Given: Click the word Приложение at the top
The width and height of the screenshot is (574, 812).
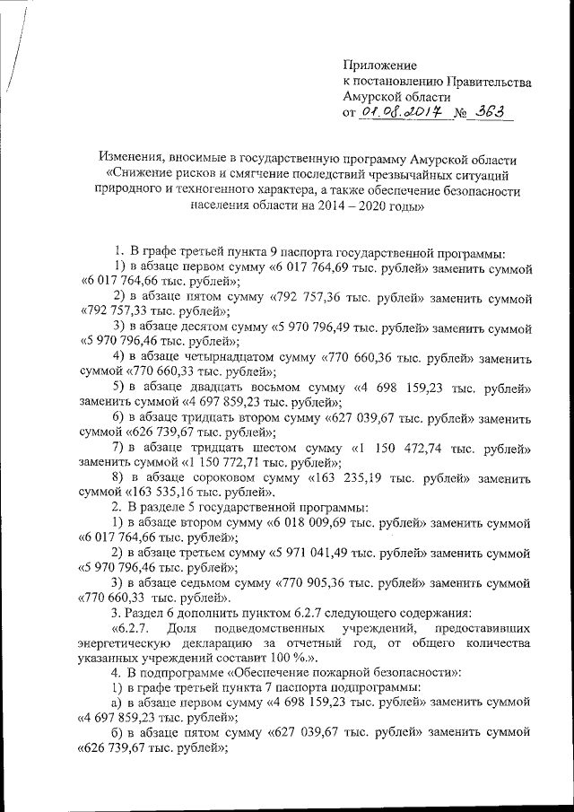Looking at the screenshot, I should (x=380, y=65).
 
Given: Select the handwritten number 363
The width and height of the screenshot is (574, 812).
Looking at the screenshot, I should (x=493, y=111).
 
